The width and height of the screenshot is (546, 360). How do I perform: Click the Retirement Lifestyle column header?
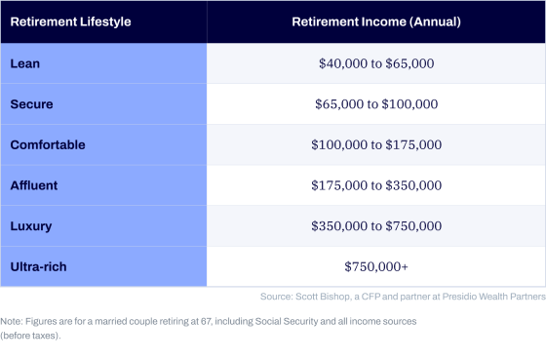(x=70, y=21)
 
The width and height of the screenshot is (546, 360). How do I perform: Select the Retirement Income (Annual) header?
(x=376, y=21)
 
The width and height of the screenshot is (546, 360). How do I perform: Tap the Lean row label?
(x=25, y=63)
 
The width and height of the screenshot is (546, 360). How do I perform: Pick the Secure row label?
(x=31, y=103)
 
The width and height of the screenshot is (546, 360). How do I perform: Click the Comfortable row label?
(x=48, y=144)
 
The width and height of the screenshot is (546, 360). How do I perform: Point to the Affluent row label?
(x=34, y=185)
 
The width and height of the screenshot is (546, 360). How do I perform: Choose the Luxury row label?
(x=31, y=226)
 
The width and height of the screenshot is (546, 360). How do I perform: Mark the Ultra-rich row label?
(x=38, y=266)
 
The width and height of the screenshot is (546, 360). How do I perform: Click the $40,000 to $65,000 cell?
(x=376, y=63)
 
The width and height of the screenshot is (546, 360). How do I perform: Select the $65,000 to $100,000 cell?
(x=376, y=103)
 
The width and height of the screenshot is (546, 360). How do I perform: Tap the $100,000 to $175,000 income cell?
(x=376, y=144)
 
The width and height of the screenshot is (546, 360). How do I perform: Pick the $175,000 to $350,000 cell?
(x=376, y=185)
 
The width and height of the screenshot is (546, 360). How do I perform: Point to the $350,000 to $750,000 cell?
(x=376, y=225)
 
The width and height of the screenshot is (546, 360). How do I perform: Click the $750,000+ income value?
(x=376, y=266)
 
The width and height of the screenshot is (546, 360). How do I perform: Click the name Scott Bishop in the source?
(x=323, y=297)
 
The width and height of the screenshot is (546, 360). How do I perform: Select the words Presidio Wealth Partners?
(x=494, y=297)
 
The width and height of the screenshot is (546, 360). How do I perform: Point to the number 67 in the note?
(x=206, y=321)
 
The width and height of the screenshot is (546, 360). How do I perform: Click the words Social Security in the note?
(x=287, y=321)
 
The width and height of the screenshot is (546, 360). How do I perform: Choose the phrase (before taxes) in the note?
(x=29, y=336)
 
